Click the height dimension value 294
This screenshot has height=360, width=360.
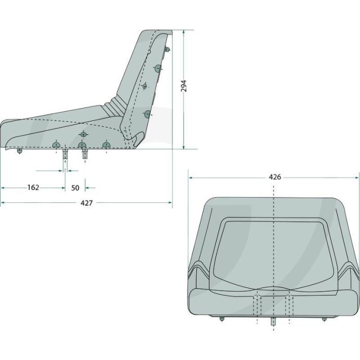click(x=184, y=86)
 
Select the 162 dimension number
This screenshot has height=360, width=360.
click(x=33, y=188)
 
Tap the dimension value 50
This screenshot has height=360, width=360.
click(x=75, y=188)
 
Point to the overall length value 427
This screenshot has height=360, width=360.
click(x=87, y=203)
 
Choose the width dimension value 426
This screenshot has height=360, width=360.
click(x=275, y=177)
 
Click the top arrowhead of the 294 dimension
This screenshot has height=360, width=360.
click(x=184, y=32)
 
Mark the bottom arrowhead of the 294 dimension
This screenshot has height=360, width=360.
click(x=184, y=147)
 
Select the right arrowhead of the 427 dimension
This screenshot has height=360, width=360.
click(x=170, y=202)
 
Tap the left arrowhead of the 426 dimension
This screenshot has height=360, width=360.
click(x=190, y=177)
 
